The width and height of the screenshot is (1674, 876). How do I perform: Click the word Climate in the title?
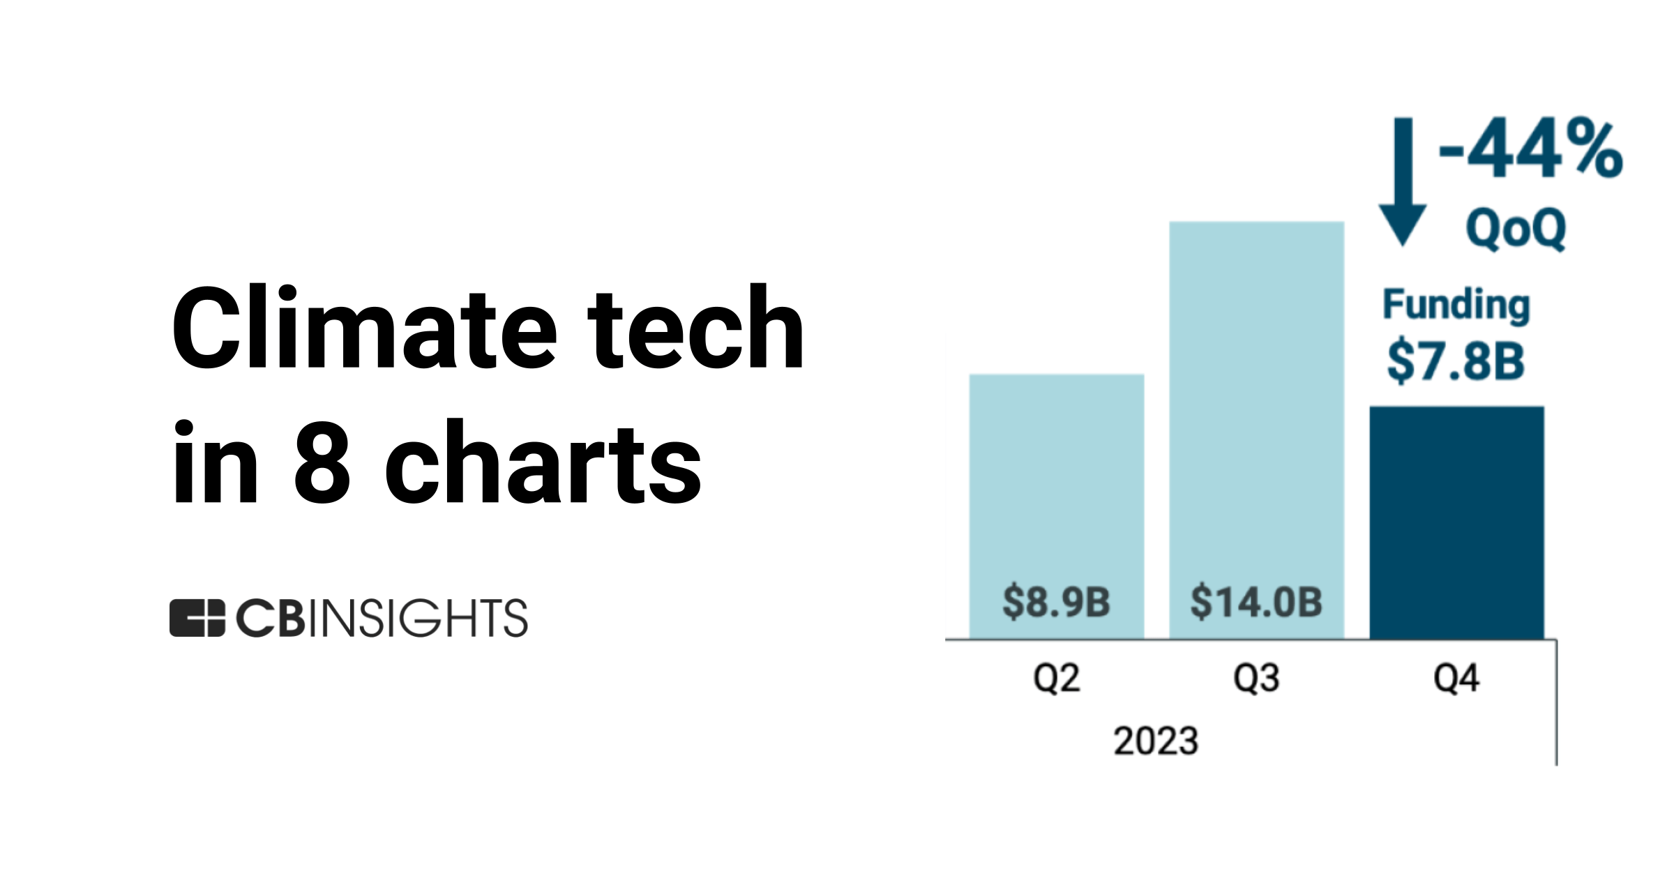363,328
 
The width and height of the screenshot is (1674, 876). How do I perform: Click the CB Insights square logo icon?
197,618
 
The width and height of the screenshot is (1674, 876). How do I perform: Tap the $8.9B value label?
1056,602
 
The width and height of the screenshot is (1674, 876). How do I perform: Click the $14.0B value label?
1256,602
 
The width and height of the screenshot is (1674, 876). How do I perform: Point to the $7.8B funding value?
1456,361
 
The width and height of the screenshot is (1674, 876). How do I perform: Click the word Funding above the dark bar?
1456,305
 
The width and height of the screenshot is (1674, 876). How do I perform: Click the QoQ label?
1516,228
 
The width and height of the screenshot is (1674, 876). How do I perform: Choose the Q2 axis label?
1056,678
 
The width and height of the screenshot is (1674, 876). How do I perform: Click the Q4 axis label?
1456,678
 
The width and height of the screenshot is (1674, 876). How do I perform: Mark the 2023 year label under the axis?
1156,741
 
